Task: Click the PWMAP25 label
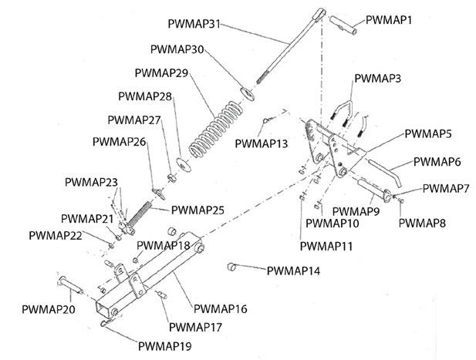197,209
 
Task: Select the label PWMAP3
377,79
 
